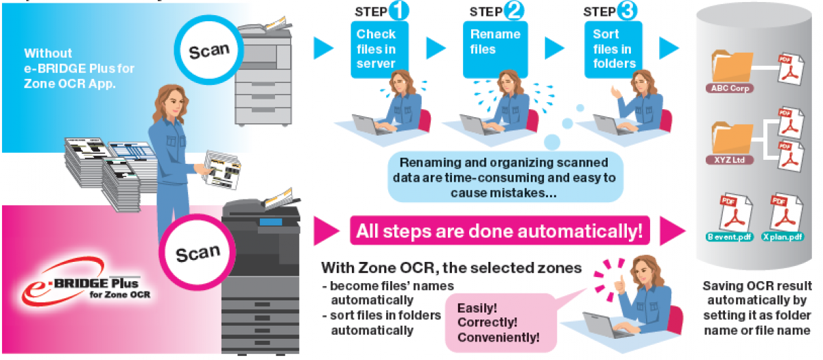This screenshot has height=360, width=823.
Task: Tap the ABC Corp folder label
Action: pyautogui.click(x=731, y=88)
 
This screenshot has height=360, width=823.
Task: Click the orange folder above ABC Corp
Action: pyautogui.click(x=731, y=67)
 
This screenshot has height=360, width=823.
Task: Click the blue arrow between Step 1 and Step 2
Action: pyautogui.click(x=436, y=48)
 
